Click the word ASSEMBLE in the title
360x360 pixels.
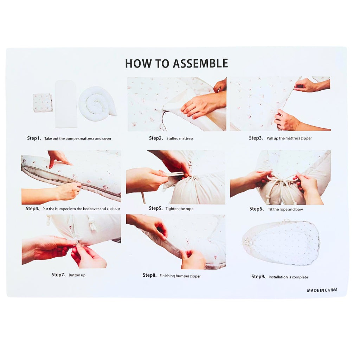pyautogui.click(x=198, y=63)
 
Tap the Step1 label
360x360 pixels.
pyautogui.click(x=33, y=138)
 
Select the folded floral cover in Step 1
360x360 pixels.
pyautogui.click(x=43, y=103)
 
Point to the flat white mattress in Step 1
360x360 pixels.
pyautogui.click(x=66, y=104)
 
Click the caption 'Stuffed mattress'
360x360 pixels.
pyautogui.click(x=180, y=139)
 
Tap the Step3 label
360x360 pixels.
pyautogui.click(x=255, y=138)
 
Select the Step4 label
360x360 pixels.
pyautogui.click(x=32, y=208)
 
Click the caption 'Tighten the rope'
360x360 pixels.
pyautogui.click(x=179, y=209)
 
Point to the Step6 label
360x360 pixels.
pyautogui.click(x=256, y=209)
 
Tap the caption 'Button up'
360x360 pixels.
pyautogui.click(x=77, y=275)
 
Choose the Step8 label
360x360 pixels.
pyautogui.click(x=149, y=275)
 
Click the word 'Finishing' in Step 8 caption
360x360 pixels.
pyautogui.click(x=167, y=276)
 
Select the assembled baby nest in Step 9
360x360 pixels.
pyautogui.click(x=281, y=242)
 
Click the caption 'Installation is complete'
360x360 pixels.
pyautogui.click(x=288, y=277)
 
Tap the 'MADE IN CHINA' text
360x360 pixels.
pyautogui.click(x=322, y=290)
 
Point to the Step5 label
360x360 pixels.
pyautogui.click(x=155, y=208)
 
